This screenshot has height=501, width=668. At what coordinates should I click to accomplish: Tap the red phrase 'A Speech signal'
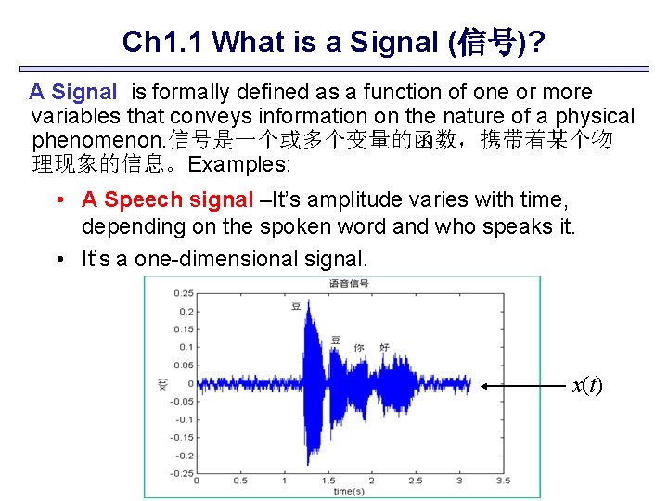(x=167, y=199)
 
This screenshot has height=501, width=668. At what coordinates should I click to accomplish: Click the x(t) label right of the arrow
(x=586, y=384)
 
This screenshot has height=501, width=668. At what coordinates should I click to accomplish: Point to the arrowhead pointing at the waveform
(x=484, y=384)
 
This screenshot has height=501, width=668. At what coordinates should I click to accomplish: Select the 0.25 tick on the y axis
(x=184, y=293)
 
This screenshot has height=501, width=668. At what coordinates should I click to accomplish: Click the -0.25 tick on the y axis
(x=182, y=473)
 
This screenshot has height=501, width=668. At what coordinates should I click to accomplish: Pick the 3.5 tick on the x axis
(x=503, y=481)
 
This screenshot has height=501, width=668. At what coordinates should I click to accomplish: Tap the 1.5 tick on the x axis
(x=328, y=481)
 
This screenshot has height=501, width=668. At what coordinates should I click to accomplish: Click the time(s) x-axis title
(x=349, y=491)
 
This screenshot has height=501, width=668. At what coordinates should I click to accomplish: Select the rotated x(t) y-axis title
(x=162, y=383)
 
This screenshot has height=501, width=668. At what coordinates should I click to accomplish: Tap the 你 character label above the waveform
(x=358, y=347)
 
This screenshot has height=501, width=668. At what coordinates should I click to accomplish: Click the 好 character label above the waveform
(x=384, y=347)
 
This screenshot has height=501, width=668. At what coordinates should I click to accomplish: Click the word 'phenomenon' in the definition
(x=85, y=141)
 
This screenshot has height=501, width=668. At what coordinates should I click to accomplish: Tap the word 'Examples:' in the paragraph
(x=238, y=165)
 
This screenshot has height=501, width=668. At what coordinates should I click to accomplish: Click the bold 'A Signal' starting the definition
(x=72, y=93)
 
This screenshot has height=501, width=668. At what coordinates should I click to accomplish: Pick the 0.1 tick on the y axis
(x=186, y=347)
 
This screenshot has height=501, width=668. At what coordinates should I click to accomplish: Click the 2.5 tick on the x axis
(x=415, y=481)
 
